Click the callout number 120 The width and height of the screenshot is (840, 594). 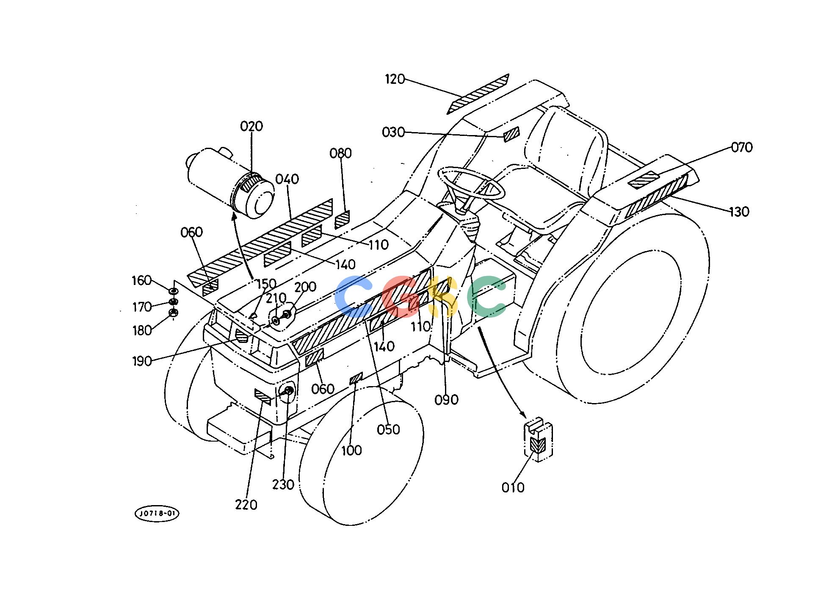point(395,79)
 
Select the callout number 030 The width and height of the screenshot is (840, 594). point(393,133)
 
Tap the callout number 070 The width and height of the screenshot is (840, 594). point(742,147)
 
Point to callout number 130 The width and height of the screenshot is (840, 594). point(739,212)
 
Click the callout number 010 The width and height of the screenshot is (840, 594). point(513,488)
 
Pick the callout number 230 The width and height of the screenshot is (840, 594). point(283,484)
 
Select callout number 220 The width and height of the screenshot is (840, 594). point(246,505)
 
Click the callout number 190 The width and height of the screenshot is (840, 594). point(142,361)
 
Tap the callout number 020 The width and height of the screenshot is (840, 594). point(251,126)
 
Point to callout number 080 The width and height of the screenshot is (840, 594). point(341,153)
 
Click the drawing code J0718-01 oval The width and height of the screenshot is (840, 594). point(157,514)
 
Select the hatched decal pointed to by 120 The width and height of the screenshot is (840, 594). point(478,94)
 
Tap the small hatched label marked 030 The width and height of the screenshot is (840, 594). point(511,134)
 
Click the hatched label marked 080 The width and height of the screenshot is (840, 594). point(342,219)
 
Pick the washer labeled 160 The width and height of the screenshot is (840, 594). point(173,291)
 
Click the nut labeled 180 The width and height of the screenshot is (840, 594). point(173,313)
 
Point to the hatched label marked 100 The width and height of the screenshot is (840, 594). point(356,378)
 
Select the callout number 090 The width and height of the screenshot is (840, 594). point(447,400)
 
